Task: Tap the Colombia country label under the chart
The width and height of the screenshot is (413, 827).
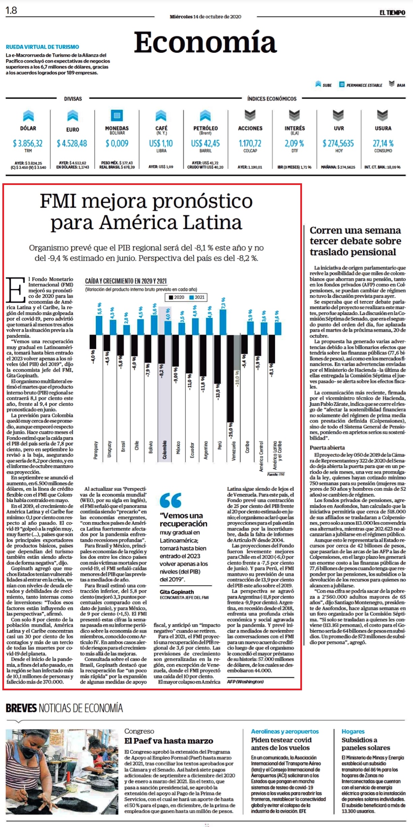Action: (165, 450)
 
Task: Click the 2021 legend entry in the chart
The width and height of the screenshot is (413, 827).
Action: (197, 297)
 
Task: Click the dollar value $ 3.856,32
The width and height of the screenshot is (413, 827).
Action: (28, 143)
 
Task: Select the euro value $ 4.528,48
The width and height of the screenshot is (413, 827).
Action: (72, 143)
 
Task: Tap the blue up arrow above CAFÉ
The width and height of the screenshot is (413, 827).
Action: (161, 115)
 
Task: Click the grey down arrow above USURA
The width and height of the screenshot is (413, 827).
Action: (382, 115)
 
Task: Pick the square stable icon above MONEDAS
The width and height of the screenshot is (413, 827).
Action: (117, 115)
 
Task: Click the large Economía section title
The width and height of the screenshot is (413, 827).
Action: (205, 43)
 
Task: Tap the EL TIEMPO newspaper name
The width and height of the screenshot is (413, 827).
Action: (392, 13)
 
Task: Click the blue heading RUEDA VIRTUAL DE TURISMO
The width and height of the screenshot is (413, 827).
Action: (43, 47)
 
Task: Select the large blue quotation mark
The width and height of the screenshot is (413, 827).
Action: (170, 500)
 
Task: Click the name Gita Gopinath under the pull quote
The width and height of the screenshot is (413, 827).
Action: (177, 592)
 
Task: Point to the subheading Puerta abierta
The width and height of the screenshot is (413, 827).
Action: (327, 448)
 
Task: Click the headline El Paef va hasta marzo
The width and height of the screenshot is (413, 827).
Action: (169, 741)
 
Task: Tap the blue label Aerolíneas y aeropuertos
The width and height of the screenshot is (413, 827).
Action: (285, 731)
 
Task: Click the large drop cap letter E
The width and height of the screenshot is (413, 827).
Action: (16, 290)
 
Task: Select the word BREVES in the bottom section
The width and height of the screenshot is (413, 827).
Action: (21, 708)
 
